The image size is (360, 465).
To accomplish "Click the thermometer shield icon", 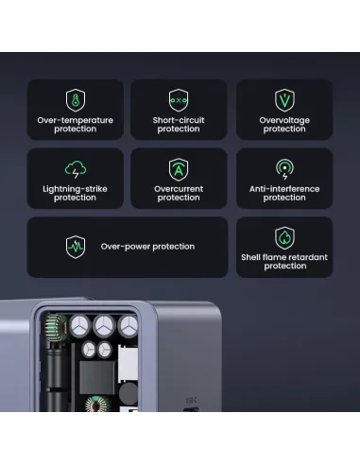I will click(75, 100).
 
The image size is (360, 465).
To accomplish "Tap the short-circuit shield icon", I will click(179, 100).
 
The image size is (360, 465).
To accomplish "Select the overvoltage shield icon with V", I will click(284, 100).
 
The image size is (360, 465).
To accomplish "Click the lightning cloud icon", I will click(75, 170).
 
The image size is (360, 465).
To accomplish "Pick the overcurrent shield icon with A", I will click(179, 170).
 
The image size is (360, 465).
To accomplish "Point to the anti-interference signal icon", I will click(284, 170).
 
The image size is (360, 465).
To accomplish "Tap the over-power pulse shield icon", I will click(75, 247).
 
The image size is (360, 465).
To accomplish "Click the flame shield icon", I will click(284, 238).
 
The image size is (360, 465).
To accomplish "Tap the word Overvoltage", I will click(284, 120).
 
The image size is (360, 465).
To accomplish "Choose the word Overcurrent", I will click(179, 189).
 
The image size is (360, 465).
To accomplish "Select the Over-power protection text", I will click(147, 247).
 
